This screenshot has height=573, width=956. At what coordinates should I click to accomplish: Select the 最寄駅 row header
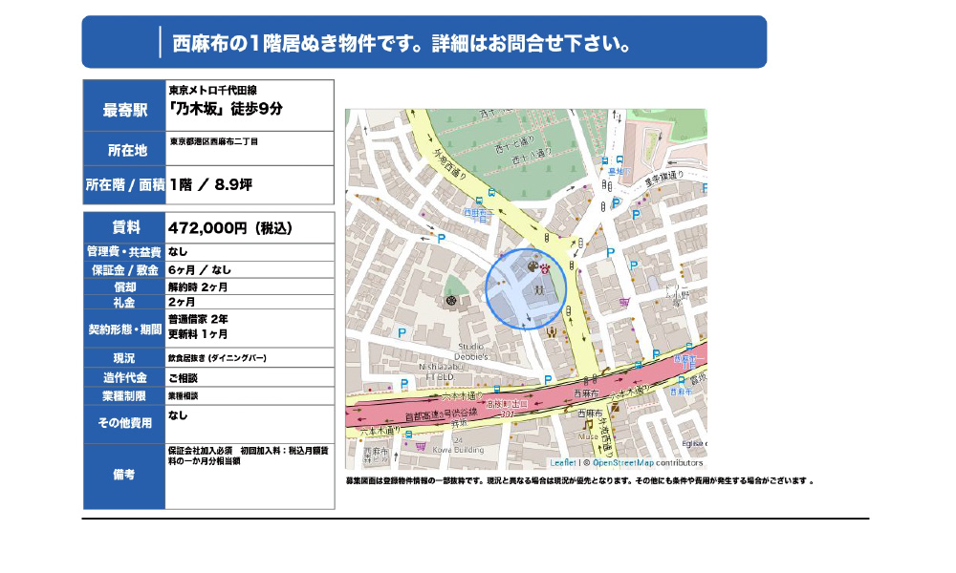click(124, 110)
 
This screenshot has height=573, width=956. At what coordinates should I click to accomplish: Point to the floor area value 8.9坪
click(233, 184)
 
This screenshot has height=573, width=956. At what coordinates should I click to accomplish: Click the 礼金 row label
click(124, 302)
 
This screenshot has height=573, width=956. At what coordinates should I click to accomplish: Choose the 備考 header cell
click(124, 475)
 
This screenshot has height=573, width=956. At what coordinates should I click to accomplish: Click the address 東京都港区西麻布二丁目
click(214, 141)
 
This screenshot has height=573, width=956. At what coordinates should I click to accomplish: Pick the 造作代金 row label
click(124, 377)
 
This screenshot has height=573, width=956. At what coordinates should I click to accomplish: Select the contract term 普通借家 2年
click(198, 318)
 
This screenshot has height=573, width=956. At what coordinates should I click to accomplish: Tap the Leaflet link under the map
click(563, 462)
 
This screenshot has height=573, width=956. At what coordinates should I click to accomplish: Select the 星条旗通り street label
click(662, 177)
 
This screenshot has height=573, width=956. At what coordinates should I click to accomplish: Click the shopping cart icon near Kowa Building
click(419, 444)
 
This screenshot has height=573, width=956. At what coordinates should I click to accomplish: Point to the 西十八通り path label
click(531, 152)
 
